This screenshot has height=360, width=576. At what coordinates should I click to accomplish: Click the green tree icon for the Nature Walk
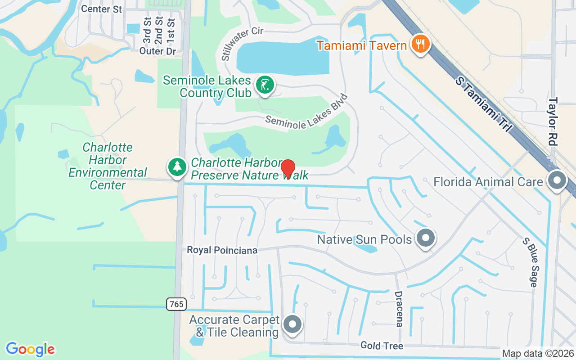click(178, 167)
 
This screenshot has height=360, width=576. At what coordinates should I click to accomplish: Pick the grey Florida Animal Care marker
click(557, 180)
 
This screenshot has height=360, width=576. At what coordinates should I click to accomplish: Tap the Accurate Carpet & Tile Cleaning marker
click(293, 324)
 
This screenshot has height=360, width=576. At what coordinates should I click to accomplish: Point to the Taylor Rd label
click(553, 121)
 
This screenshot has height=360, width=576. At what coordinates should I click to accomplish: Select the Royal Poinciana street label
click(222, 250)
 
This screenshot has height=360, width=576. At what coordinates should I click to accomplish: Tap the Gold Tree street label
click(382, 346)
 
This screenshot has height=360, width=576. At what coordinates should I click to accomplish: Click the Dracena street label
click(399, 309)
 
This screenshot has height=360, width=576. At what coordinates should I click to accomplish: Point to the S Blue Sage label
click(530, 262)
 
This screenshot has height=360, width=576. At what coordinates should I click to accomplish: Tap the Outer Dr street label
click(157, 51)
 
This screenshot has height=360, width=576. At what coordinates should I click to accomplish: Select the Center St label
click(102, 9)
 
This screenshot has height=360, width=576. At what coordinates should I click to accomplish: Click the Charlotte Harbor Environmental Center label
click(108, 166)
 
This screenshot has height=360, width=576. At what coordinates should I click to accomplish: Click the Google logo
click(30, 349)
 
